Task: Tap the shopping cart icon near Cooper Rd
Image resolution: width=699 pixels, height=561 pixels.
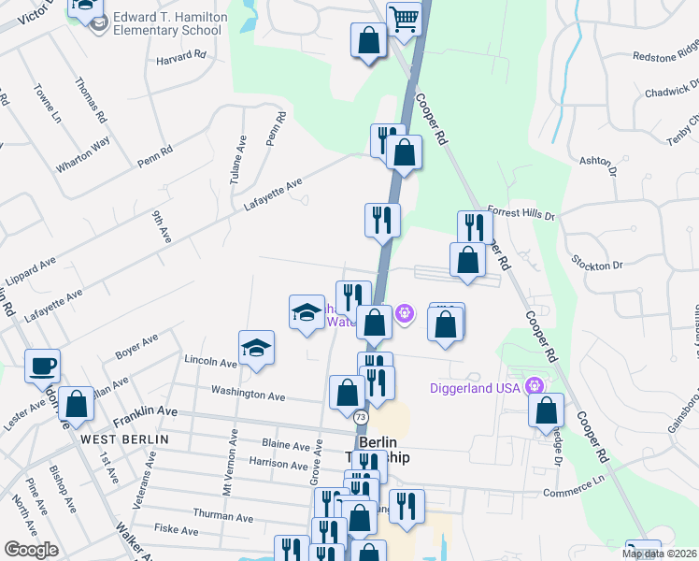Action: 403,18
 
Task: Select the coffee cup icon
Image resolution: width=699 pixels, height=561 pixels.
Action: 43,365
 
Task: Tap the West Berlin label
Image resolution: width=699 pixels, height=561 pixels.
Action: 124,439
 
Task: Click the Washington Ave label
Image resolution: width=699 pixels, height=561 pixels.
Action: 248,395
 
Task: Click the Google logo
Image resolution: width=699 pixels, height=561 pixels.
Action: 31,549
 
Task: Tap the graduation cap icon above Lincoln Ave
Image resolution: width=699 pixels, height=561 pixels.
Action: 256,348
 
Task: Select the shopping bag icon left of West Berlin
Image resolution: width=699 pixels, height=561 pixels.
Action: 76,404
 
